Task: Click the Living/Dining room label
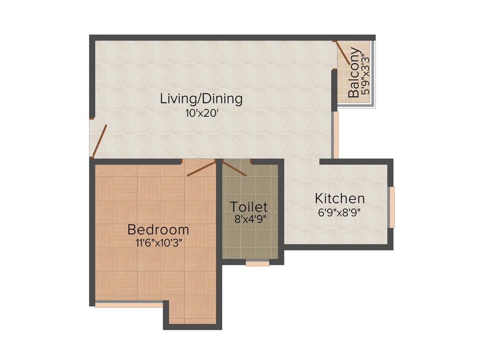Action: [x=201, y=99]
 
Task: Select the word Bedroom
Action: [x=158, y=230]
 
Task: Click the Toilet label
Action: [x=248, y=206]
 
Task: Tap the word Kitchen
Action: [x=339, y=198]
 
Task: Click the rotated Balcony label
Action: [x=354, y=73]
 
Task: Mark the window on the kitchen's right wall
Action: [x=392, y=207]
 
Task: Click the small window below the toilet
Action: [x=257, y=264]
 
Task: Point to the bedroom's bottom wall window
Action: [x=128, y=304]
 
